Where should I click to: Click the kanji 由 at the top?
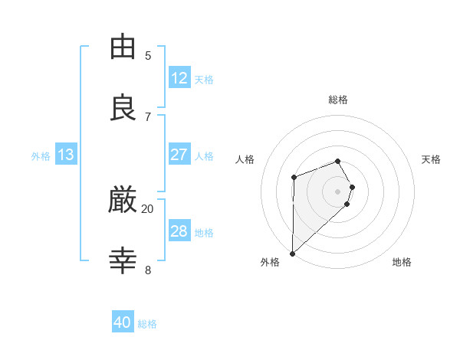click(x=123, y=47)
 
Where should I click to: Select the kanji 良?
click(x=123, y=108)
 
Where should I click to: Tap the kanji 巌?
click(x=123, y=201)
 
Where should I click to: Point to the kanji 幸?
click(x=123, y=261)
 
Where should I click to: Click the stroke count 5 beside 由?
click(x=148, y=55)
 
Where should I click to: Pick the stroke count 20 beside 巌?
click(x=147, y=208)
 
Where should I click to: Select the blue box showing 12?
click(x=179, y=78)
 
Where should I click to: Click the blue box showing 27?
click(x=179, y=155)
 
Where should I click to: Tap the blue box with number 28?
click(x=179, y=231)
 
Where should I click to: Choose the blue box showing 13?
click(x=66, y=155)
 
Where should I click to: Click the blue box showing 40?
click(x=123, y=322)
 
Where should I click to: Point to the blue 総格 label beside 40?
click(x=147, y=324)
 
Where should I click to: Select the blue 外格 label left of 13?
click(x=41, y=156)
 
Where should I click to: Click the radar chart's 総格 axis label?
click(x=338, y=100)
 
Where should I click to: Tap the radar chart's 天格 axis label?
click(x=432, y=159)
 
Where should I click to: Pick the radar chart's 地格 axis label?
click(x=402, y=262)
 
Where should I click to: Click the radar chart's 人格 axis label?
click(x=245, y=159)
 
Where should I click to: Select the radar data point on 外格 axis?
click(x=292, y=253)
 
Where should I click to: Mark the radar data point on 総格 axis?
click(x=338, y=161)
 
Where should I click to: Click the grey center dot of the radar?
click(x=338, y=191)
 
